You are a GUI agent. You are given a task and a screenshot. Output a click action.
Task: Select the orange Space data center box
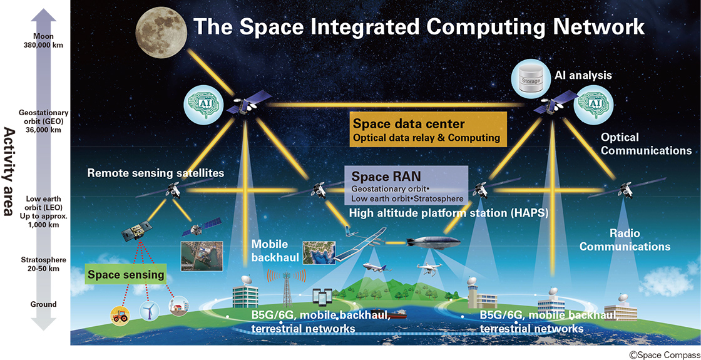(428, 129)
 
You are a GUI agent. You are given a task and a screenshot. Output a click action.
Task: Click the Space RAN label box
(406, 185)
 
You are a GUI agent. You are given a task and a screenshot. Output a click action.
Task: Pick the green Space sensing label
(126, 275)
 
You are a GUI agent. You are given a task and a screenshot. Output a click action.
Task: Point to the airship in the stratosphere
(432, 242)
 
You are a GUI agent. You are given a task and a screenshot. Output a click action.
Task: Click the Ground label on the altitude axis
(43, 304)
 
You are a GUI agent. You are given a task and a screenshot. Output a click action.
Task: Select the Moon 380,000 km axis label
(44, 40)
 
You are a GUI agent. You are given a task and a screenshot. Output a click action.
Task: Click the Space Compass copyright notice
(665, 354)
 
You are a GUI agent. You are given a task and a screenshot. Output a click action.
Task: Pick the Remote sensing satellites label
(156, 173)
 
